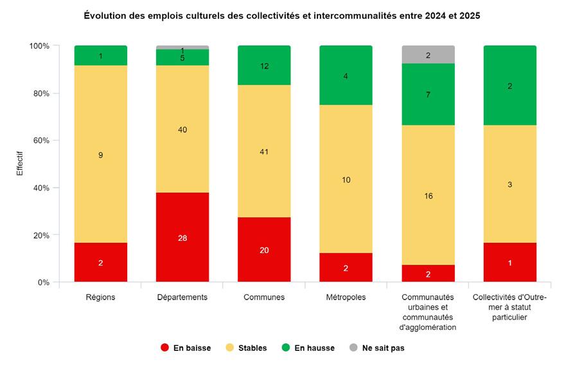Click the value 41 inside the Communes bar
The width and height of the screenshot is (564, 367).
pyautogui.click(x=264, y=152)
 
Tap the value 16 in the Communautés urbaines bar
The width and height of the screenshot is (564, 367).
pyautogui.click(x=428, y=195)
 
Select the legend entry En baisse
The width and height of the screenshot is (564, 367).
pyautogui.click(x=186, y=348)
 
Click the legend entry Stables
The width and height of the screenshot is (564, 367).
pyautogui.click(x=246, y=348)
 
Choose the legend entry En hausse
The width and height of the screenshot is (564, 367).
pyautogui.click(x=308, y=348)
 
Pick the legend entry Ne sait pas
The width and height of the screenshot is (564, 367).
pyautogui.click(x=376, y=348)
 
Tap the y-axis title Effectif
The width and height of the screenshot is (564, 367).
pyautogui.click(x=20, y=164)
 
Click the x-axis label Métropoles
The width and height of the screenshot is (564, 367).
pyautogui.click(x=346, y=297)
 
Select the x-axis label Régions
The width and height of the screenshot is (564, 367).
pyautogui.click(x=100, y=297)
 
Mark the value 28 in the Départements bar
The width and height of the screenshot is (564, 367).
pyautogui.click(x=182, y=238)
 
